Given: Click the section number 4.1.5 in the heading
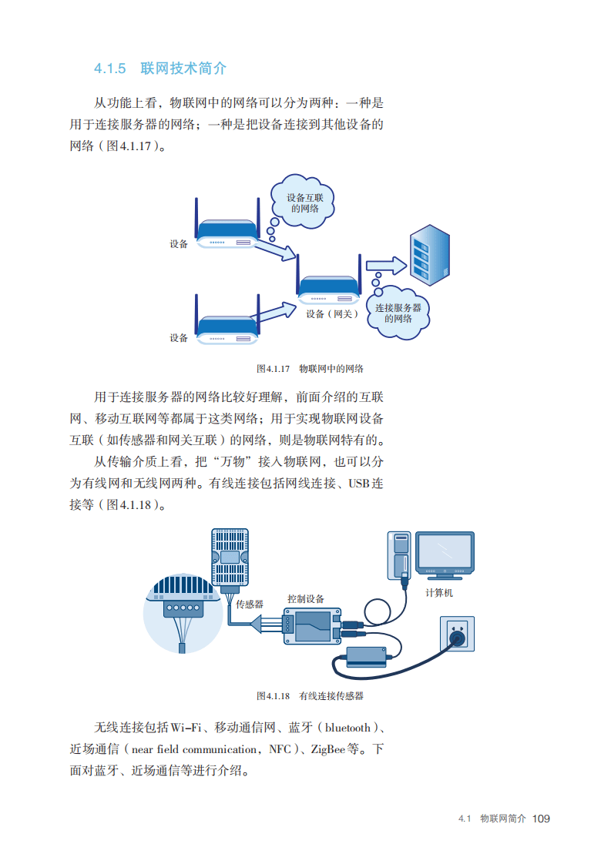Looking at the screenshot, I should coord(109,69).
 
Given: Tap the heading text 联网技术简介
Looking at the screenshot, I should coord(183,69).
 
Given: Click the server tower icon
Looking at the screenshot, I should coord(428,256).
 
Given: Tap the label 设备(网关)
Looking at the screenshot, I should coord(331,314).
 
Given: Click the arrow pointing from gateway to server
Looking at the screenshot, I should coord(385,265).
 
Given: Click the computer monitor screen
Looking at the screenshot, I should coord(444,551).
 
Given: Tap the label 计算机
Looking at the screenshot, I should coord(439,593).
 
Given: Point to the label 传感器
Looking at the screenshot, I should coord(250,604).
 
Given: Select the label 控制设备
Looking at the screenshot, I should coord(306,598).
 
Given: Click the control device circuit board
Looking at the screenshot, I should coord(311,625).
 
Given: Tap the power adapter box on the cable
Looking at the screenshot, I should coord(366,656).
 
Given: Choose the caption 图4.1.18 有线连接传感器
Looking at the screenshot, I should coord(309,695).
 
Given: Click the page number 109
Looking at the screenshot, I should coord(541,818).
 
